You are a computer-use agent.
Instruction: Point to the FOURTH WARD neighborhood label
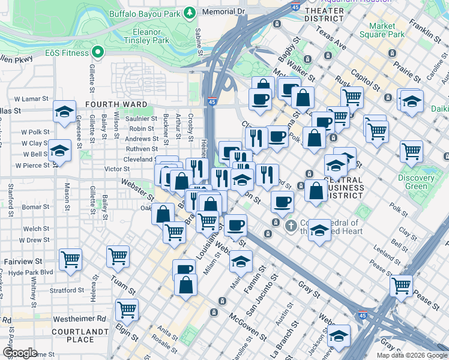click(x=116, y=104)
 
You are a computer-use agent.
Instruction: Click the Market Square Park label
click(x=387, y=30)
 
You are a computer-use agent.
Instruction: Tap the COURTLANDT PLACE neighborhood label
click(x=72, y=335)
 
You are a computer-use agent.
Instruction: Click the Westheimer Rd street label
click(x=79, y=319)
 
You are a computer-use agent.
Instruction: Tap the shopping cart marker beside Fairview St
click(x=70, y=260)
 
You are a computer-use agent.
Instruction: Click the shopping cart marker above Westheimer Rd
click(x=127, y=310)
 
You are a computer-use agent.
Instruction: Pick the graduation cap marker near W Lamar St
click(x=64, y=112)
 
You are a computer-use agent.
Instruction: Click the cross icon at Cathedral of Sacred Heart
click(x=291, y=227)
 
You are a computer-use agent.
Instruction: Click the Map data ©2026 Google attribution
click(x=412, y=355)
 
